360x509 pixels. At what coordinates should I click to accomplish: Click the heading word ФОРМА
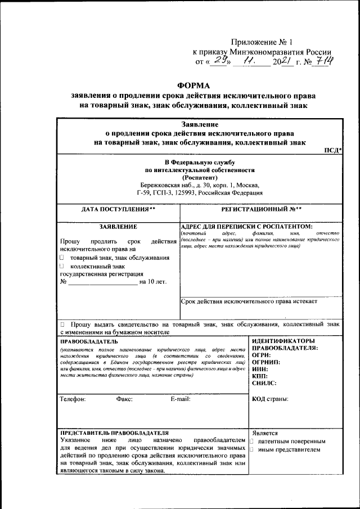click(x=192, y=85)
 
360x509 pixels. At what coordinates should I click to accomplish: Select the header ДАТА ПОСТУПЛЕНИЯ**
click(x=118, y=209)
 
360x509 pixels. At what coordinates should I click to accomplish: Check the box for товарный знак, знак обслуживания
click(x=62, y=258)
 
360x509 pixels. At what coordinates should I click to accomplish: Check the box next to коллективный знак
click(x=62, y=266)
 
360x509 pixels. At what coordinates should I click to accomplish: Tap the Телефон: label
click(x=73, y=399)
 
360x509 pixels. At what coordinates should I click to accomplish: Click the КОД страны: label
click(x=271, y=399)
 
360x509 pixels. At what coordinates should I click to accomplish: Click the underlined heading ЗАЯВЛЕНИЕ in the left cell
click(x=118, y=226)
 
